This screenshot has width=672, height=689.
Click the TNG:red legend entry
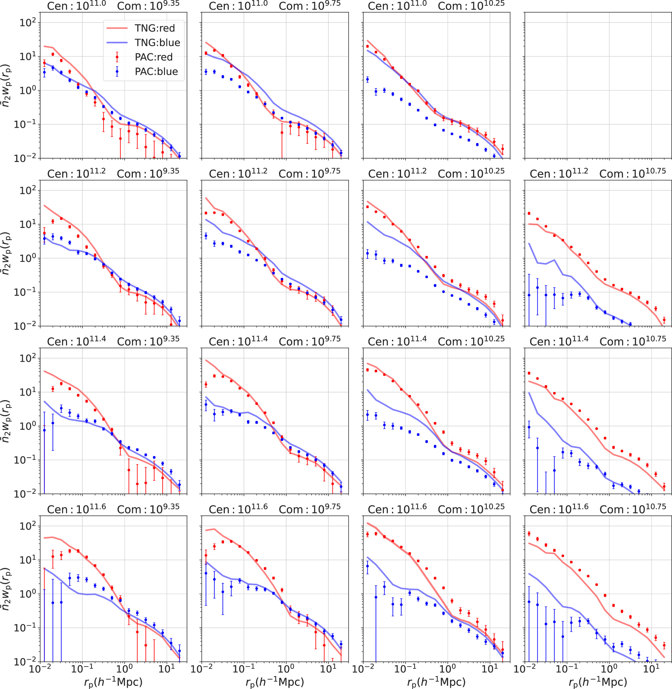[154, 28]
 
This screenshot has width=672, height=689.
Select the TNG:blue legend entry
[157, 42]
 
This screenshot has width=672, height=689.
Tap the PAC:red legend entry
[153, 57]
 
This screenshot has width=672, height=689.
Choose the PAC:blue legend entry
[156, 71]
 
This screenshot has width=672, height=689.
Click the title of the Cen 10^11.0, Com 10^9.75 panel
[275, 6]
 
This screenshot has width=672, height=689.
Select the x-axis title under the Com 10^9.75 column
[275, 682]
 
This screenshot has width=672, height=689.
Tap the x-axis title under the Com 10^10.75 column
[598, 682]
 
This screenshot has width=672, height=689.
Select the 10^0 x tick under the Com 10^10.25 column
[447, 668]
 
